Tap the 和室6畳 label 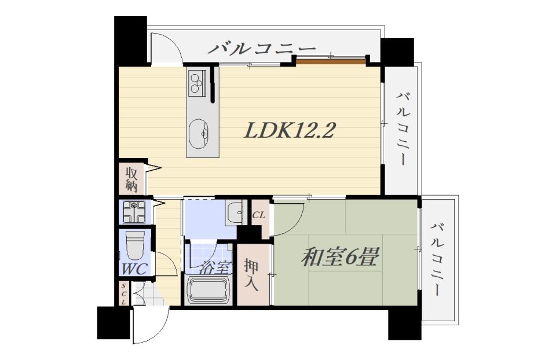[341, 257]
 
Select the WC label [134, 269]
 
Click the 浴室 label [215, 267]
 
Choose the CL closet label [258, 215]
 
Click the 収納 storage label [131, 179]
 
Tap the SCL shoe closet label [123, 294]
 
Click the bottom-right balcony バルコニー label [438, 259]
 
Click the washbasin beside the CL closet [234, 212]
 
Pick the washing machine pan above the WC [134, 212]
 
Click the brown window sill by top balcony [331, 62]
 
